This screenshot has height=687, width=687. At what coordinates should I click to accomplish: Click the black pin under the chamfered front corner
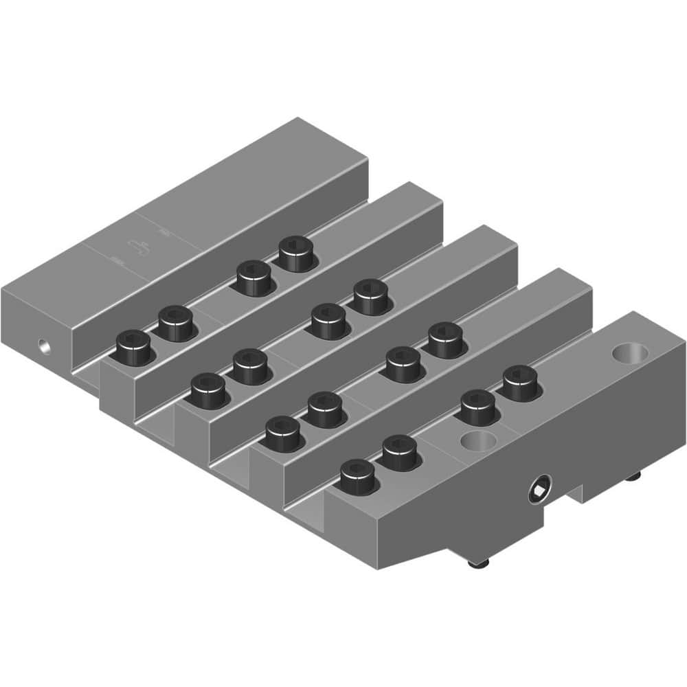[x=474, y=563]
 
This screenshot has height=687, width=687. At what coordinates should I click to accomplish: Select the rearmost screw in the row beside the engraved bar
[x=295, y=254]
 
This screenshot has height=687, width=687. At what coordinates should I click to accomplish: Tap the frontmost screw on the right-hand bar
[x=357, y=475]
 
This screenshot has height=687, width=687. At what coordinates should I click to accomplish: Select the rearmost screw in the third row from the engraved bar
[x=444, y=340]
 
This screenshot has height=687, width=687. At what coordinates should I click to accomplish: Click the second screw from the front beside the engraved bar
[x=175, y=322]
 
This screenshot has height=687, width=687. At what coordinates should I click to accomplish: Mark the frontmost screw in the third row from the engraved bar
[x=282, y=433]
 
